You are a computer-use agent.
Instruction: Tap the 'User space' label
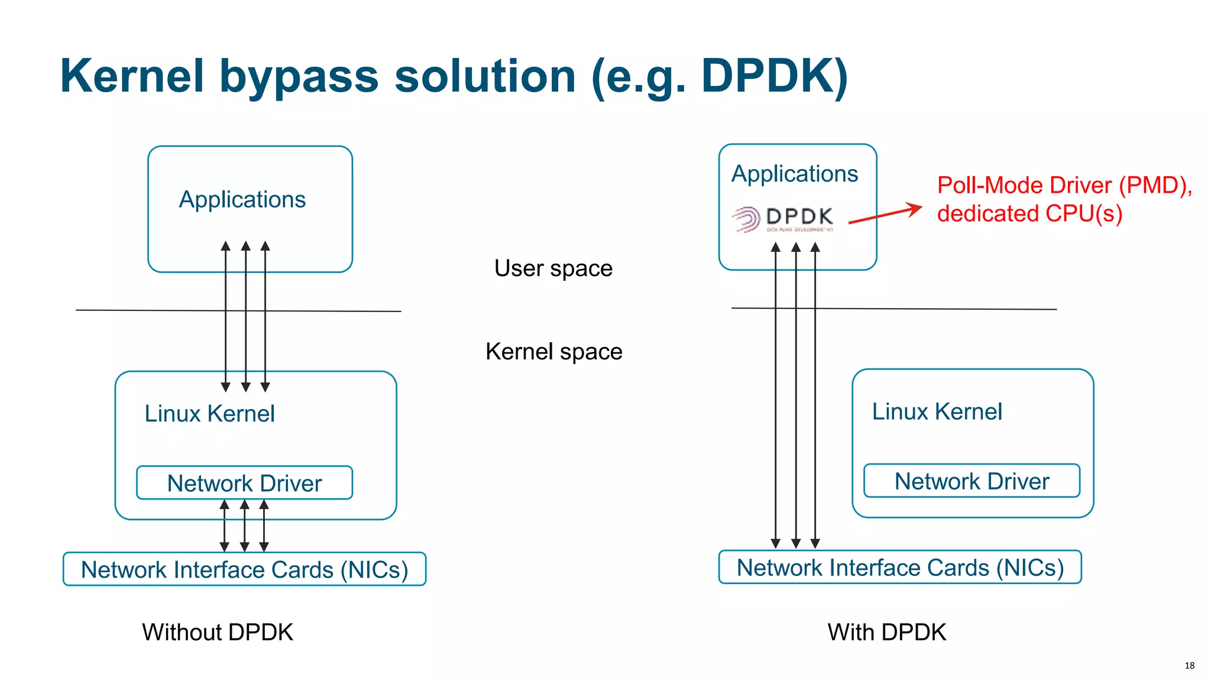point(553,268)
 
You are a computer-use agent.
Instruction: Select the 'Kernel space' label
point(553,352)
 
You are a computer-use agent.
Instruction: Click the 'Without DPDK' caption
point(217,632)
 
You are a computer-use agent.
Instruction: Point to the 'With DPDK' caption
point(886,632)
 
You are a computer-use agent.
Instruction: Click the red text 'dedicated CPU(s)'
point(1029,213)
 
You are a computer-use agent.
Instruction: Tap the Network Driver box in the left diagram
point(244,483)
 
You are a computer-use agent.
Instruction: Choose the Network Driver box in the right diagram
point(972,481)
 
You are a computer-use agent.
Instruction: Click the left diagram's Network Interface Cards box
point(244,569)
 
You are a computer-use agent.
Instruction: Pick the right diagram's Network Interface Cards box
point(899,567)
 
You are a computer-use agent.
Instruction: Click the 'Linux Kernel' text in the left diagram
point(209,413)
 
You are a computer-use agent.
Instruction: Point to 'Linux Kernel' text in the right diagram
point(937,411)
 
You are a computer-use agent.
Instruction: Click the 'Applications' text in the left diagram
point(242,200)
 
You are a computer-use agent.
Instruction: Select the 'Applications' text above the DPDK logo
point(794,174)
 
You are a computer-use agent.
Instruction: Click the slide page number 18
point(1189,666)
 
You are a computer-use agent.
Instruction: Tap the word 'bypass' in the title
point(299,77)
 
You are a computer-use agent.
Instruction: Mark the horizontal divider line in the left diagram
point(148,310)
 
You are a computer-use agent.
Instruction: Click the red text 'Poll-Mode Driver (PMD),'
point(1064,186)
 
